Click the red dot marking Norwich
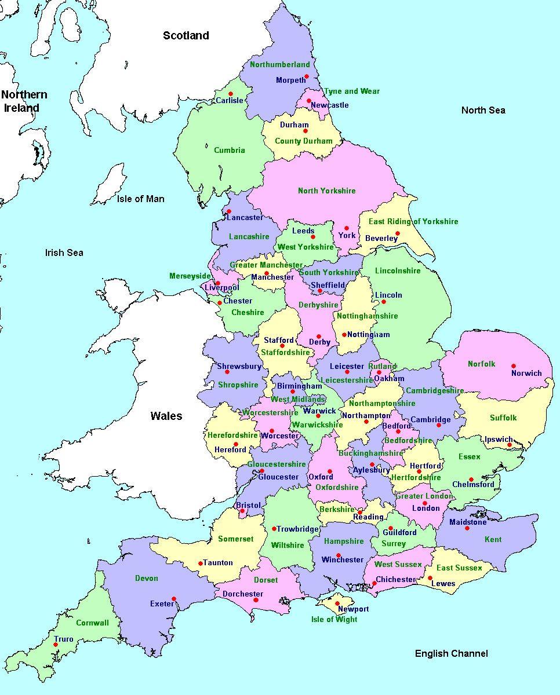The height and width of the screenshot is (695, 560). coord(513,366)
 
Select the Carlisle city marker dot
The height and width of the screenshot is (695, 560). coord(230,94)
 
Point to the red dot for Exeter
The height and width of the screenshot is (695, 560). coord(174,599)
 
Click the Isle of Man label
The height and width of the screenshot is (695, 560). coord(140,199)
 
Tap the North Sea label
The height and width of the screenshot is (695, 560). coord(483,110)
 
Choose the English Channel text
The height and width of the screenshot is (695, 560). coord(451,653)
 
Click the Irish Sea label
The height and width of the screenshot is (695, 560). coord(64,253)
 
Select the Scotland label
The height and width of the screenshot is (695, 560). coord(186,36)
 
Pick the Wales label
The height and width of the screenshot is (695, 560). coord(166,416)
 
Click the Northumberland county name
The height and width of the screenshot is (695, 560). coord(279,65)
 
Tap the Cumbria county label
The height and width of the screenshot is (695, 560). coord(230,151)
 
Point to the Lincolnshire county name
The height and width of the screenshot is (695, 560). coord(398,271)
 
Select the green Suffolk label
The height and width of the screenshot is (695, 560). coord(503,418)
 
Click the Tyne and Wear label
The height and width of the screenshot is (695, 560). coord(351,92)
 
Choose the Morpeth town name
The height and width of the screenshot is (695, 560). coord(290,81)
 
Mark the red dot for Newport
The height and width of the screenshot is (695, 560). coord(337,603)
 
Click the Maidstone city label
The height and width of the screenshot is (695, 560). coord(468,522)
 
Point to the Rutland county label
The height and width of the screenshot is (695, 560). coord(383,366)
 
